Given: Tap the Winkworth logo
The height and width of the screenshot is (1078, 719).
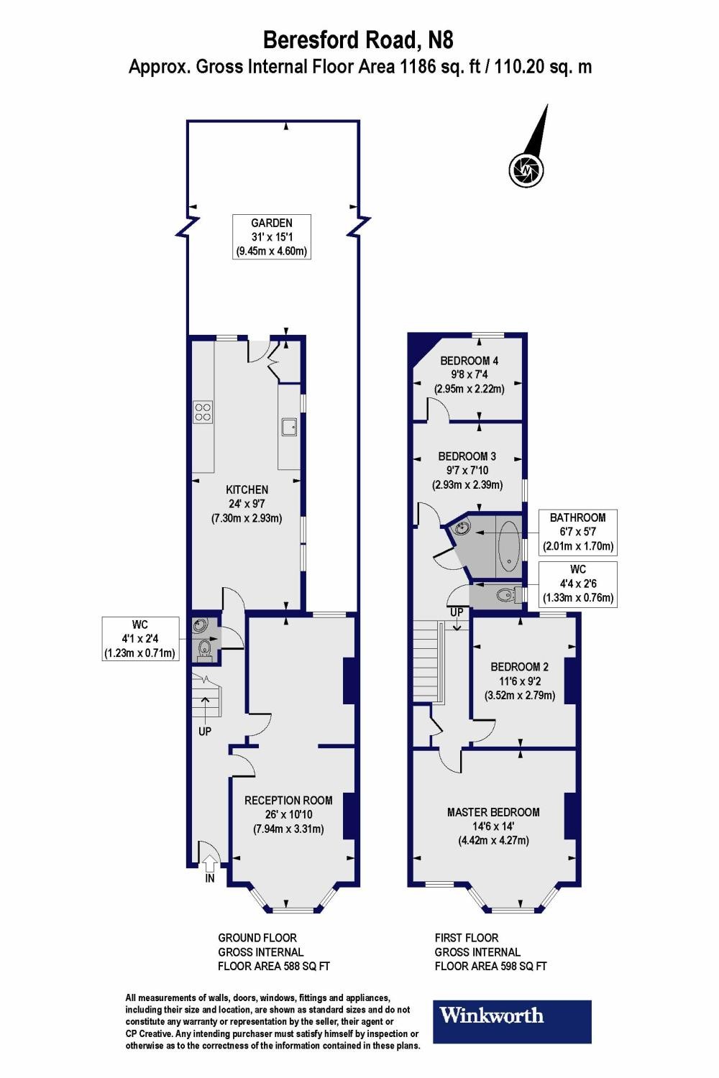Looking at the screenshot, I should point(511,1021).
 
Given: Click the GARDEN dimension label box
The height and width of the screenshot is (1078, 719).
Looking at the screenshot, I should point(272,237).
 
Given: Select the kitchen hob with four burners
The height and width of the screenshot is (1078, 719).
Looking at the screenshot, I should point(203,410).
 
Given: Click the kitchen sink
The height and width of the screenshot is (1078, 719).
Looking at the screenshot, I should point(290,427).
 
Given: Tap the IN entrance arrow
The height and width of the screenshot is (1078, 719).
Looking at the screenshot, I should point(210,865).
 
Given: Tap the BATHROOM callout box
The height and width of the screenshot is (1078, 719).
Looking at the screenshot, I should point(577,532).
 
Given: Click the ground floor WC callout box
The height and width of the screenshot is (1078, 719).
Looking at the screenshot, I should point(139,638).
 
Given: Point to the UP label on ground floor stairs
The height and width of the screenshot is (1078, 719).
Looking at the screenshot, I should point(205,732).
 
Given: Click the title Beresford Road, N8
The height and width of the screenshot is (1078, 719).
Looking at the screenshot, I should point(359,39).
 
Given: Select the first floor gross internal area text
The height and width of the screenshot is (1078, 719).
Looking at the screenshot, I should point(490,952).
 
